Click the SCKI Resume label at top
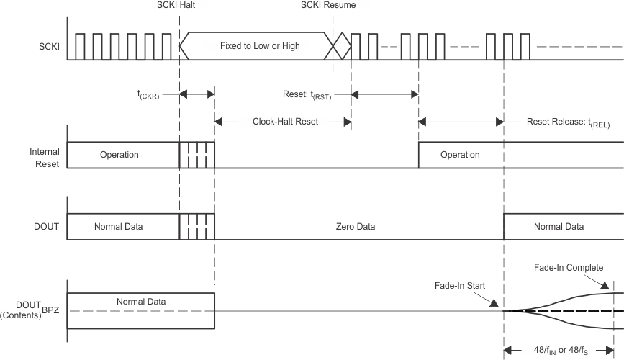[328, 6]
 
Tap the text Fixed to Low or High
[260, 46]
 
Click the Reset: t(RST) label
[316, 94]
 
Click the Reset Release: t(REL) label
[569, 122]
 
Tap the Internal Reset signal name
[44, 158]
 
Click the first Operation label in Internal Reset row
[119, 155]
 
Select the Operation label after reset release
[459, 155]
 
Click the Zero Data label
[357, 227]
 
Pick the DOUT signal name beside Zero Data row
[47, 227]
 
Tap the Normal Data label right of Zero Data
[559, 227]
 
